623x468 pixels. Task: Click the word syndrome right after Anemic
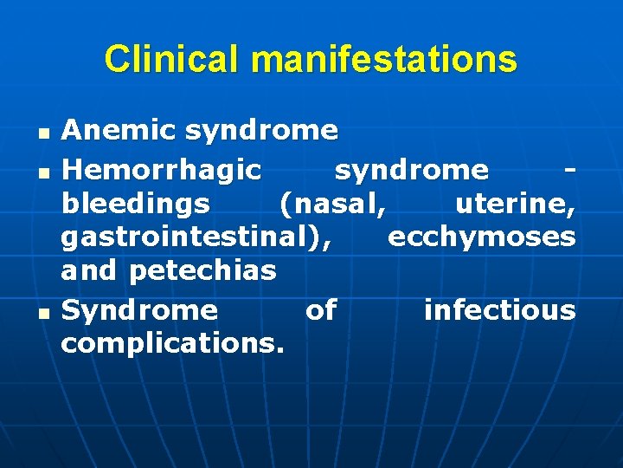(260, 131)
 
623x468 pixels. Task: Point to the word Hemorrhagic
(161, 168)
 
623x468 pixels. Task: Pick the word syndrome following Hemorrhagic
(411, 168)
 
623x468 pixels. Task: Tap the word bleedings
(135, 204)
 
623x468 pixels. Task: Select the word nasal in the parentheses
(334, 204)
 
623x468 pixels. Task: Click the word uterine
(515, 204)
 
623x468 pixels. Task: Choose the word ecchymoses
(482, 237)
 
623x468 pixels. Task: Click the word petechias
(202, 270)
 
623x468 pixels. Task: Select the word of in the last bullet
(321, 309)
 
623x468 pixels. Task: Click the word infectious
(499, 309)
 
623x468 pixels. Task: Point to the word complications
(172, 343)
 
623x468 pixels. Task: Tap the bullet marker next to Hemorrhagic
(43, 170)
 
